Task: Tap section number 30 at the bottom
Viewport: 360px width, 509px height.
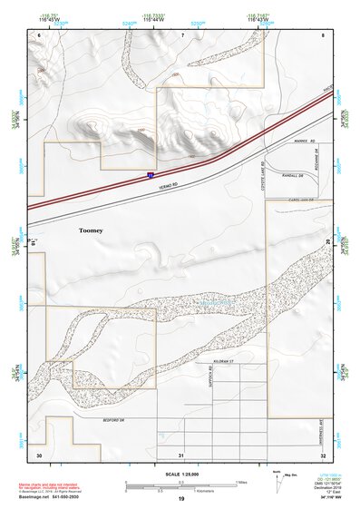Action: pyautogui.click(x=39, y=453)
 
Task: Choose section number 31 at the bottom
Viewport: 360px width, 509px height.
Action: pyautogui.click(x=181, y=453)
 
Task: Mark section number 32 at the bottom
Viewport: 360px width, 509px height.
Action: pyautogui.click(x=322, y=453)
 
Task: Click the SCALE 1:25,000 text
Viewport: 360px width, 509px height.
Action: pyautogui.click(x=181, y=474)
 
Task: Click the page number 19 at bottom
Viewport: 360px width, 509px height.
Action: pyautogui.click(x=180, y=500)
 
